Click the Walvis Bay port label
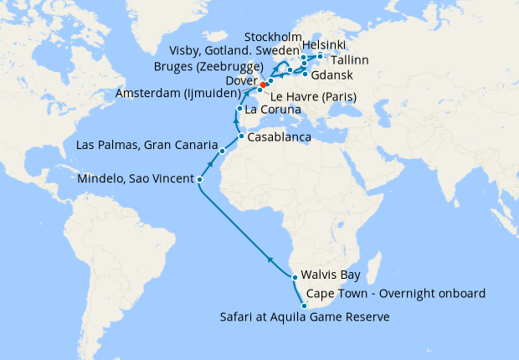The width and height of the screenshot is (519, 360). tap(333, 276)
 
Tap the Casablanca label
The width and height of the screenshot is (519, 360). tap(280, 136)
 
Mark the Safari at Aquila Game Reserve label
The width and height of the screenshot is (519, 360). tap(305, 317)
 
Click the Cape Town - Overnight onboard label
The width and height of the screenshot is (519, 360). tap(397, 294)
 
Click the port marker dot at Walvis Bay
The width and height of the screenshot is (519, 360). tap(295, 277)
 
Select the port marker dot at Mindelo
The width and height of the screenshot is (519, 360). tap(199, 179)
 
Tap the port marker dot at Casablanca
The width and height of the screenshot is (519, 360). tap(241, 136)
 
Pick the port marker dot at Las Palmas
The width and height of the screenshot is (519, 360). tap(223, 152)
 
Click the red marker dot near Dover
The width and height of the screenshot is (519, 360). tap(263, 85)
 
